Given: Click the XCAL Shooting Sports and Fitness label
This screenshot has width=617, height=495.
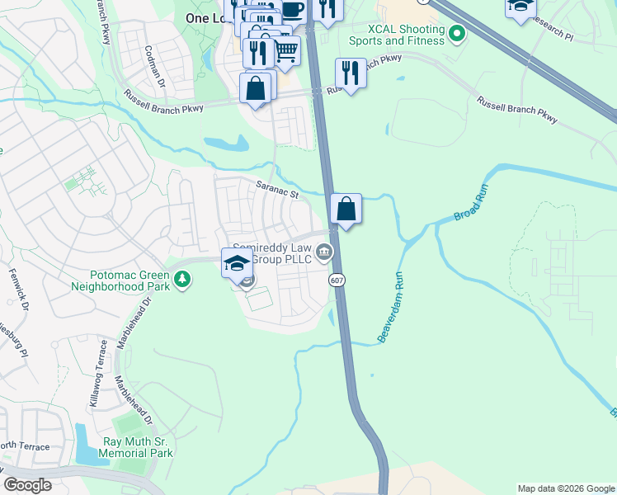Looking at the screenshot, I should click(395, 35).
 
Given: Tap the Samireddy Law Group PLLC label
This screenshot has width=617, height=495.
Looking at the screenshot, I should click(272, 252).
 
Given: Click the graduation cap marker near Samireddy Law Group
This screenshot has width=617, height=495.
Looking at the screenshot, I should click(237, 262).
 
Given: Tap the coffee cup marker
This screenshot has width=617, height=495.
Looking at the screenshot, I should click(292, 9).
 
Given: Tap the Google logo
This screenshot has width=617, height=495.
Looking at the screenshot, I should click(28, 485).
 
